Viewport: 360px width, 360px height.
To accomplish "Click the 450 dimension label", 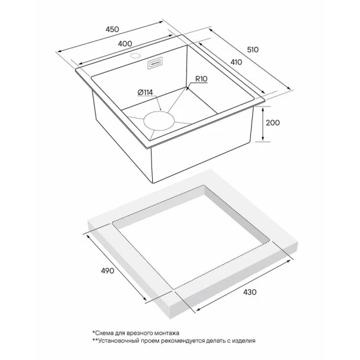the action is tap(112, 29).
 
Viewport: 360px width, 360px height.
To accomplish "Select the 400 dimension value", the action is tap(125, 44).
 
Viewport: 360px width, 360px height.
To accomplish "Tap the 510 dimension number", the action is tap(253, 49).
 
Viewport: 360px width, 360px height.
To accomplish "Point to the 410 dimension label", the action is tap(236, 62).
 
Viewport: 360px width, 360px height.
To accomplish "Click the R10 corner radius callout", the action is tap(202, 79).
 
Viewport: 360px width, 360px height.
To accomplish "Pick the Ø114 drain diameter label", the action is tap(145, 93).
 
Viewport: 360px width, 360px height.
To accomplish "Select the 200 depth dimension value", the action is tap(273, 123).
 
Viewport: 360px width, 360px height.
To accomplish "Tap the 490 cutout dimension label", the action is tap(108, 271).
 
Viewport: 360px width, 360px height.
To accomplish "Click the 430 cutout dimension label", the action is tap(250, 292).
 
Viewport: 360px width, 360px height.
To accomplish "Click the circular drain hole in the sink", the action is tap(159, 121).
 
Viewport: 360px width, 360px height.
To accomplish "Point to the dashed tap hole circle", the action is tap(135, 56).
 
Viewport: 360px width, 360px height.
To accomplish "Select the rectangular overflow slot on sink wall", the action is tap(155, 63).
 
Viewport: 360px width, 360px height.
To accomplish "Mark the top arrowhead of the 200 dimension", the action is tap(263, 110).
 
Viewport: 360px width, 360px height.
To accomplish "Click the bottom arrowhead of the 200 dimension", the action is tap(263, 139).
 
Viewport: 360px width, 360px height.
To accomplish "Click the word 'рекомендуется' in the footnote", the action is tap(182, 341).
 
